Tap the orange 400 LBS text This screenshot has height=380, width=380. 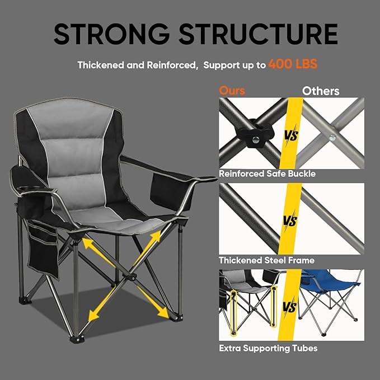tap(293, 64)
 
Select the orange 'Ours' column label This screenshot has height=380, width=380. tap(232, 91)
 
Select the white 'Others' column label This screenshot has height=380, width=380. tap(321, 91)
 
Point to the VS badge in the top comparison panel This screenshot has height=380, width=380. tap(290, 136)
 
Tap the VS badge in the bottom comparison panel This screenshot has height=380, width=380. tap(290, 307)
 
